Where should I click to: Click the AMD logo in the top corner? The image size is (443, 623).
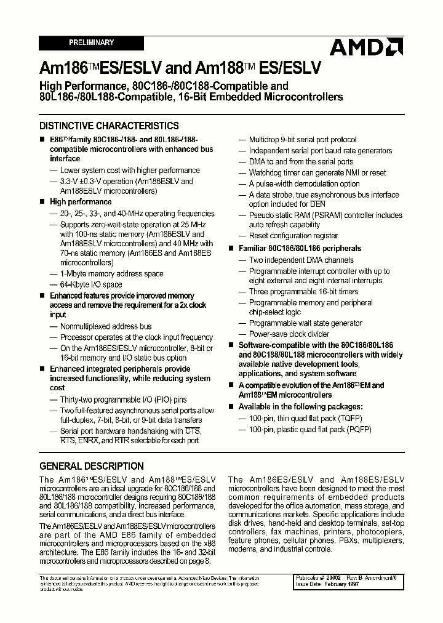click(x=365, y=47)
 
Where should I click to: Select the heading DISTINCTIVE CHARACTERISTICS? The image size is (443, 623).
click(x=109, y=126)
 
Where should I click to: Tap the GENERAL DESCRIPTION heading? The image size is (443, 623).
click(x=91, y=466)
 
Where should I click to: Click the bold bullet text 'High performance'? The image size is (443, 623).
click(x=81, y=202)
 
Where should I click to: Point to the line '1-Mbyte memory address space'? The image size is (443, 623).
click(x=111, y=274)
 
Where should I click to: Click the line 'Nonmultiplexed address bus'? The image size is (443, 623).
click(x=105, y=327)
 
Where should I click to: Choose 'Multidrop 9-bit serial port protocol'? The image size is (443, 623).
click(x=303, y=140)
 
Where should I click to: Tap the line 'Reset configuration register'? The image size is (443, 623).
click(x=293, y=235)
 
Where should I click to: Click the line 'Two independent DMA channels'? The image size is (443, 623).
click(x=301, y=260)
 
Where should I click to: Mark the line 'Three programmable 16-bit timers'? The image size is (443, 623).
click(x=303, y=292)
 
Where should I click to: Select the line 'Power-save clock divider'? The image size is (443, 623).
click(x=290, y=334)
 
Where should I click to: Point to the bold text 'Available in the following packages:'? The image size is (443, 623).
click(x=300, y=407)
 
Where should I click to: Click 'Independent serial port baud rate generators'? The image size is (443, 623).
click(x=320, y=151)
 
